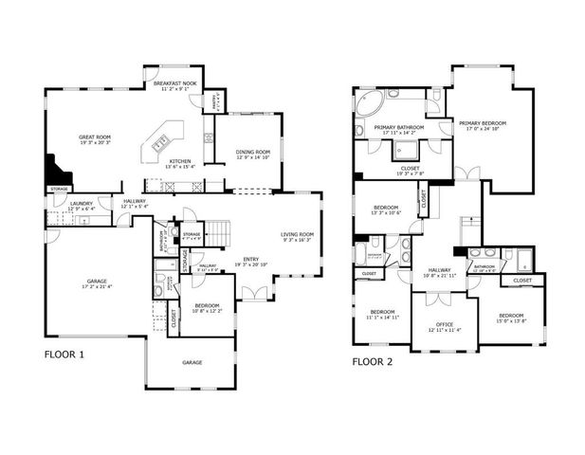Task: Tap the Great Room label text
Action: tap(95, 137)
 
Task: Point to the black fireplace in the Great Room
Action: tap(58, 173)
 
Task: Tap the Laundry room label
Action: tap(81, 203)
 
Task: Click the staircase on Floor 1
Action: tap(219, 231)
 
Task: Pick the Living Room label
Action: tap(296, 234)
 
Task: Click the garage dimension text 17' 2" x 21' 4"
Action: tap(98, 287)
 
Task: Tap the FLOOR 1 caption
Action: tap(64, 355)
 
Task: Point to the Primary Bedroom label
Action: tap(483, 123)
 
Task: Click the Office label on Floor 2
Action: tap(444, 324)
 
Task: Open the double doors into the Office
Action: tap(438, 299)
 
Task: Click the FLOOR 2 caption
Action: tap(372, 361)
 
